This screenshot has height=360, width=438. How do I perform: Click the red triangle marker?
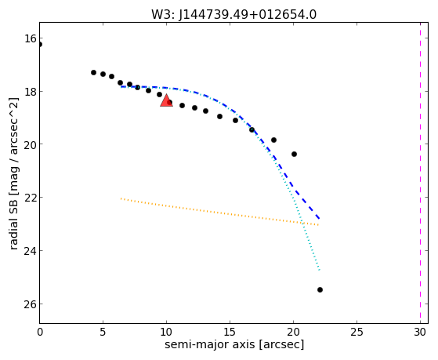pyautogui.click(x=166, y=100)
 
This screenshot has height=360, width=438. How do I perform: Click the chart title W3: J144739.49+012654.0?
pyautogui.click(x=233, y=14)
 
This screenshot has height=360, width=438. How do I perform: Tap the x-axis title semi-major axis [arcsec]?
pyautogui.click(x=234, y=344)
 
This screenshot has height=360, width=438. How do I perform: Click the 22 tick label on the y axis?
pyautogui.click(x=31, y=198)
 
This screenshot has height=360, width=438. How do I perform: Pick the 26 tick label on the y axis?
pyautogui.click(x=31, y=304)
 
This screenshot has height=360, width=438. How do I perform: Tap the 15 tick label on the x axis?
pyautogui.click(x=230, y=332)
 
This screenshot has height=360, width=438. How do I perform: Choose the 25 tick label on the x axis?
pyautogui.click(x=357, y=332)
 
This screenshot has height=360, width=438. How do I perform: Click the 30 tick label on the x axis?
pyautogui.click(x=420, y=332)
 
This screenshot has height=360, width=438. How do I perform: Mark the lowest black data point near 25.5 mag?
pyautogui.click(x=320, y=289)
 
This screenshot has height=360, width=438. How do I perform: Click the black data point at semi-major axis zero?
pyautogui.click(x=40, y=44)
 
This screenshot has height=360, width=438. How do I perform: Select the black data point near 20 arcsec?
pyautogui.click(x=294, y=154)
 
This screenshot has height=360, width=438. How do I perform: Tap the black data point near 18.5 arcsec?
pyautogui.click(x=273, y=140)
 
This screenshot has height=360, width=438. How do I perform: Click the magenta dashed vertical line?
pyautogui.click(x=420, y=173)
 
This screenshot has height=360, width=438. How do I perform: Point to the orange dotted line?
pyautogui.click(x=219, y=212)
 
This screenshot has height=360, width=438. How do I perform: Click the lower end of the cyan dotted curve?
pyautogui.click(x=319, y=271)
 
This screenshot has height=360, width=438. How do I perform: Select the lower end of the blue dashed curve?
pyautogui.click(x=319, y=219)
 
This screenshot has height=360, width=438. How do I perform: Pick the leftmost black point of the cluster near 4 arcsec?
pyautogui.click(x=93, y=72)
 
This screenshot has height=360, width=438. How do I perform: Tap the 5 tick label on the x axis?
pyautogui.click(x=103, y=332)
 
